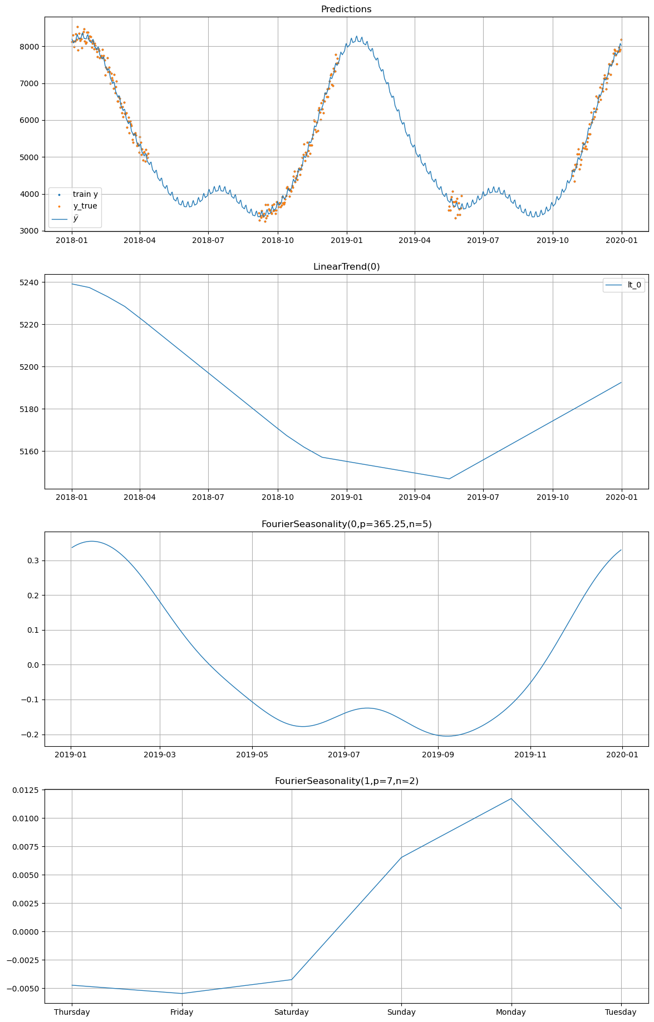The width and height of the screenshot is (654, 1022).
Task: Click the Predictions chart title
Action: click(x=346, y=9)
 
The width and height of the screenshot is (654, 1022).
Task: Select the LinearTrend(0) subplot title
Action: click(x=346, y=267)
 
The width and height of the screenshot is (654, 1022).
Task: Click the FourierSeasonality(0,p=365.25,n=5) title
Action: click(x=346, y=524)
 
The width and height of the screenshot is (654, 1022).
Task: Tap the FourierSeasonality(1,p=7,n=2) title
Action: click(x=346, y=781)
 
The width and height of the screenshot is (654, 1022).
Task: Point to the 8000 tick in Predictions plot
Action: click(x=29, y=47)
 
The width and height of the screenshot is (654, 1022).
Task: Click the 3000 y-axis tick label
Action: click(x=29, y=231)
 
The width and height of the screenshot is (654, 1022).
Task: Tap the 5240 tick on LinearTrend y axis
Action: click(x=29, y=282)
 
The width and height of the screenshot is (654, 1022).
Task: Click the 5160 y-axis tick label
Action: click(x=29, y=452)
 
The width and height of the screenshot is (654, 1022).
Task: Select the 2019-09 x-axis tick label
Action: click(x=438, y=755)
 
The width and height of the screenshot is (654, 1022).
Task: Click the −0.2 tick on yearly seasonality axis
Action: click(x=29, y=735)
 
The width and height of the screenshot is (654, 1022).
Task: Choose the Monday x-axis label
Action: click(x=511, y=1012)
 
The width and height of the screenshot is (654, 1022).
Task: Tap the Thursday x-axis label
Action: click(x=72, y=1012)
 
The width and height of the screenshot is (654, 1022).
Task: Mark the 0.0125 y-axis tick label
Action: click(x=24, y=790)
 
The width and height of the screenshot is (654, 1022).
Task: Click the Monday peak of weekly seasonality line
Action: click(x=511, y=798)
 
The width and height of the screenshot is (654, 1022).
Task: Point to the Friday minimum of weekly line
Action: click(x=182, y=993)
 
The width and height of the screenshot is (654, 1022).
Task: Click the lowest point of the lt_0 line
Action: click(x=449, y=479)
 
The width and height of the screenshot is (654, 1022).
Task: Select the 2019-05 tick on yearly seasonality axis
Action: click(x=252, y=755)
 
